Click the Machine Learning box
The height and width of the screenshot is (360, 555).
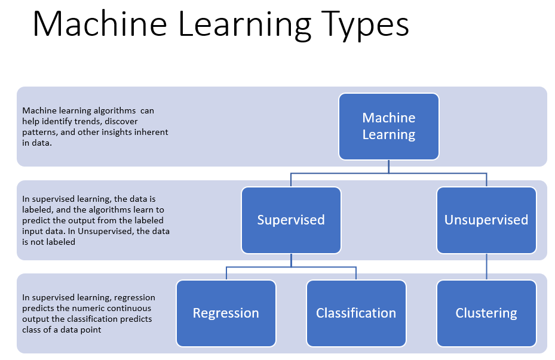click(389, 126)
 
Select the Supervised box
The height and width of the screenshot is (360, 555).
click(291, 220)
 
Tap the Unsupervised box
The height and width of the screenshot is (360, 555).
click(486, 220)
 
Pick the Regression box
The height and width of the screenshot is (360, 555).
click(226, 313)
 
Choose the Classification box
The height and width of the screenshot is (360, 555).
click(356, 313)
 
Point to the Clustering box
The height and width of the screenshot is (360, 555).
click(486, 313)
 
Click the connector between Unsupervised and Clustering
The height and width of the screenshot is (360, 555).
click(486, 266)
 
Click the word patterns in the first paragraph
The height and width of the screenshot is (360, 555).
click(37, 132)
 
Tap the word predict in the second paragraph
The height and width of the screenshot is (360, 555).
click(35, 220)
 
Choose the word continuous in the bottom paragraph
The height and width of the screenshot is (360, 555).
click(131, 308)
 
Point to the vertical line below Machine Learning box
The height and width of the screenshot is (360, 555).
click(389, 167)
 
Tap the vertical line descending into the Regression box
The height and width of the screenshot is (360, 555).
click(226, 273)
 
